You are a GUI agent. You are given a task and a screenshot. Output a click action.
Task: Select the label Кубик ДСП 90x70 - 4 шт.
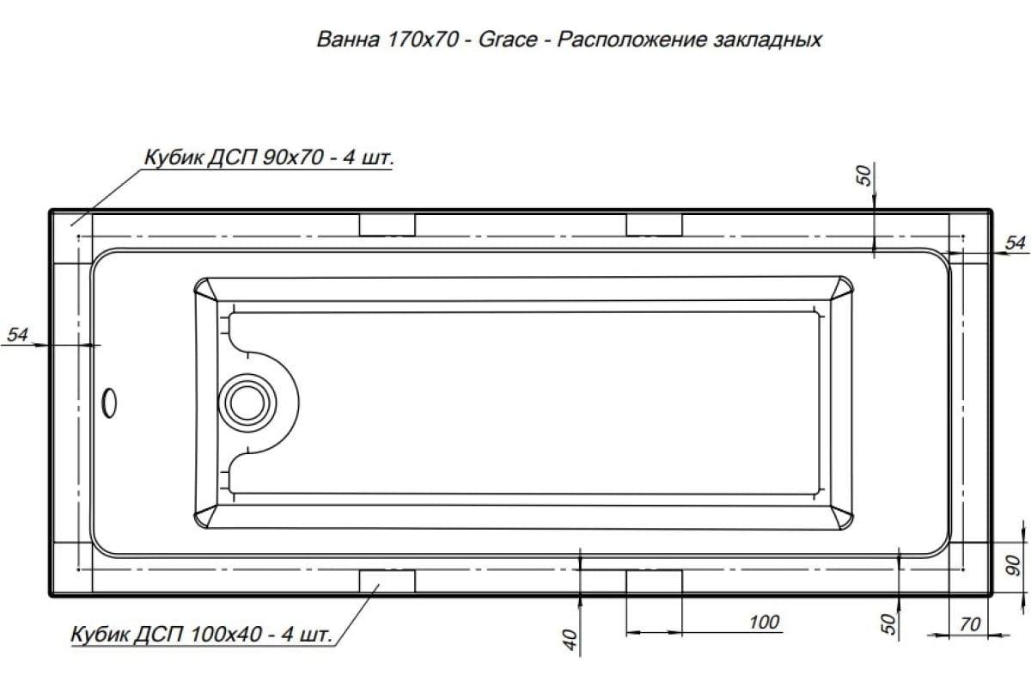coord(268,159)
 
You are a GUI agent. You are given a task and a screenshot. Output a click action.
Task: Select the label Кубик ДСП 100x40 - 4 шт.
coord(201,636)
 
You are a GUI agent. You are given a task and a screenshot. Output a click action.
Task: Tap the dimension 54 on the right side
coord(1015,243)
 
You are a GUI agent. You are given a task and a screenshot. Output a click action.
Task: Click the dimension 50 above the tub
coord(865,176)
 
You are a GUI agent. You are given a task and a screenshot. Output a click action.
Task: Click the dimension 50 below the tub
coord(888,620)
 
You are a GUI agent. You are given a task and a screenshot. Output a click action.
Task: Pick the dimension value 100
coord(763,622)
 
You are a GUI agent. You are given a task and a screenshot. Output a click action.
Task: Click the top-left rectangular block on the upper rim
coord(387,224)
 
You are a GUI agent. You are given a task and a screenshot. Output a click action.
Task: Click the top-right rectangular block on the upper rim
coord(654,224)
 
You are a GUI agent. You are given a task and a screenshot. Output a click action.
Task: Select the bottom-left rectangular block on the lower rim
coord(387,581)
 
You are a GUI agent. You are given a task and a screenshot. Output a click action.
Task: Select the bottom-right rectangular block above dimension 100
coord(654,581)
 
